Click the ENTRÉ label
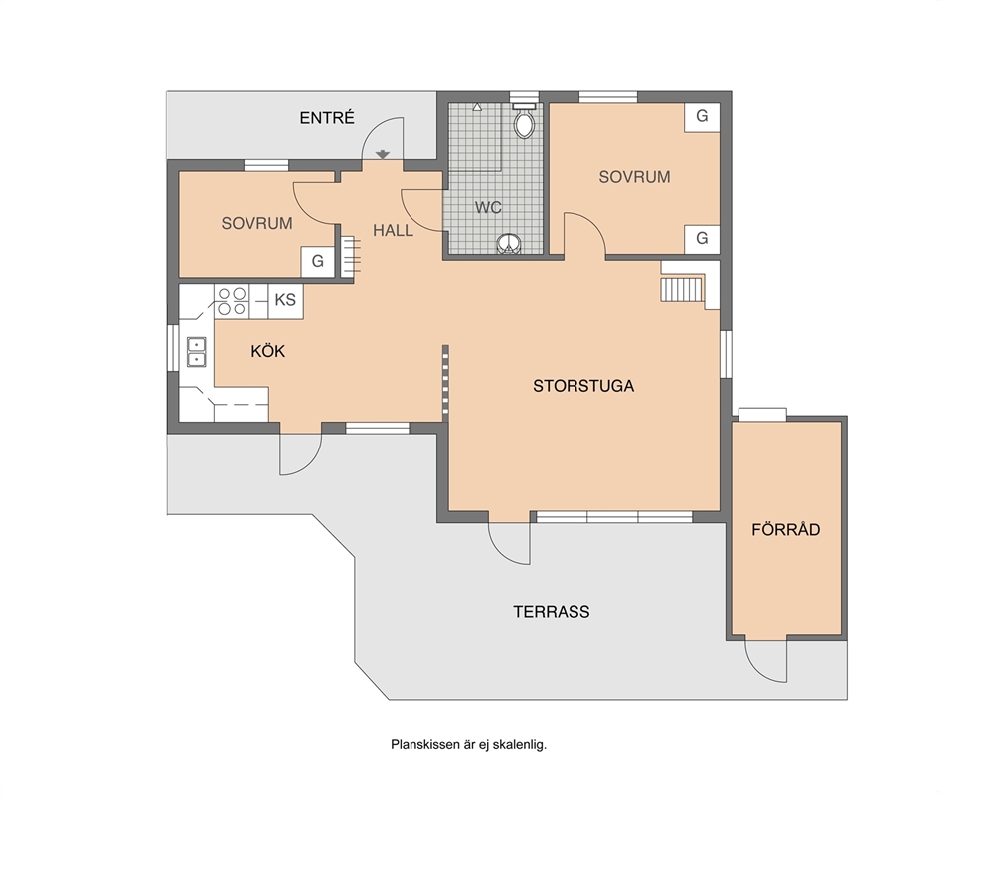[x=327, y=118]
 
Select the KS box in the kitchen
[x=285, y=300]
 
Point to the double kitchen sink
[x=197, y=352]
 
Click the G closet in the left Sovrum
[x=317, y=261]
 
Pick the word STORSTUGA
[x=582, y=386]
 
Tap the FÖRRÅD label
[x=786, y=530]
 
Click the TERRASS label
[x=552, y=612]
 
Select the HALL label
[x=393, y=230]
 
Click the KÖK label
[x=268, y=351]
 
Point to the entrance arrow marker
[x=383, y=154]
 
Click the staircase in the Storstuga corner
[x=682, y=289]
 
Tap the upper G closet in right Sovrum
[x=702, y=117]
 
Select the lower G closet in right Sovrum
[x=702, y=239]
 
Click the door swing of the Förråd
[x=766, y=660]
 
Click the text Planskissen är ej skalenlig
[x=468, y=745]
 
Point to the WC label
[x=488, y=207]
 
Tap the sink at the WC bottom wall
[x=509, y=244]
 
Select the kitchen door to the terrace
[x=301, y=452]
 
